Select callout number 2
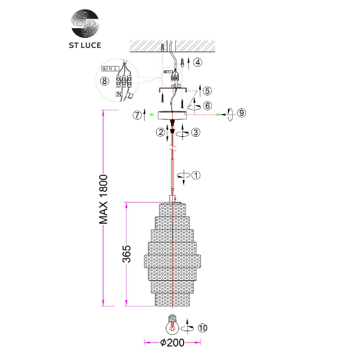coord(160,131)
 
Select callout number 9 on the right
coord(241,113)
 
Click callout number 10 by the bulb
coord(202,328)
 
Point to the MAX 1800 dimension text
coord(103,199)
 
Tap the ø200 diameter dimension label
coord(172,343)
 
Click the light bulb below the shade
coord(173,325)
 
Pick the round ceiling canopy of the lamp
coord(173,113)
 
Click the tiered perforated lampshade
coord(173,255)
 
